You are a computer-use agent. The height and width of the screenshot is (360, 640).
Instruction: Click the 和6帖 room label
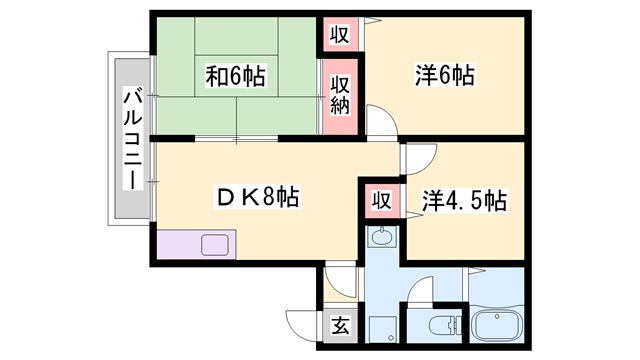click(235, 76)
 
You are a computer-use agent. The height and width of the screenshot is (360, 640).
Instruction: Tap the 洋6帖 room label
click(445, 75)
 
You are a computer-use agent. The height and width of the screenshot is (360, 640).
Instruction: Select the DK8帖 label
click(257, 197)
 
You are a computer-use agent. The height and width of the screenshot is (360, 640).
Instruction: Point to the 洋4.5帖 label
click(464, 200)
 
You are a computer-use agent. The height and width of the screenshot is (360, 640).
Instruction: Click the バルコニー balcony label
click(133, 141)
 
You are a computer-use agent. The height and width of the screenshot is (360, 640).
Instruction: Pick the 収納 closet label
click(340, 96)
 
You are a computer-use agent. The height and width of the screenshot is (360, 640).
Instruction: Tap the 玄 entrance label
click(340, 325)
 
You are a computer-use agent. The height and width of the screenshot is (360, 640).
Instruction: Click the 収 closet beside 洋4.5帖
click(382, 200)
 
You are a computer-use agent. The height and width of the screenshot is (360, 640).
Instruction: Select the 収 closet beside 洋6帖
click(340, 34)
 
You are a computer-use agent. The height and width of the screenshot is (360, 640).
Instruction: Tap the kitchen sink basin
click(215, 245)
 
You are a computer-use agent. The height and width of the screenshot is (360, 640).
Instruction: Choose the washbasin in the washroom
click(382, 237)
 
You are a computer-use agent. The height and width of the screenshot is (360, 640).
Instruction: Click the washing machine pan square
click(383, 329)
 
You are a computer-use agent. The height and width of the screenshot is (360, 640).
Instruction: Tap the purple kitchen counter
click(196, 244)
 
